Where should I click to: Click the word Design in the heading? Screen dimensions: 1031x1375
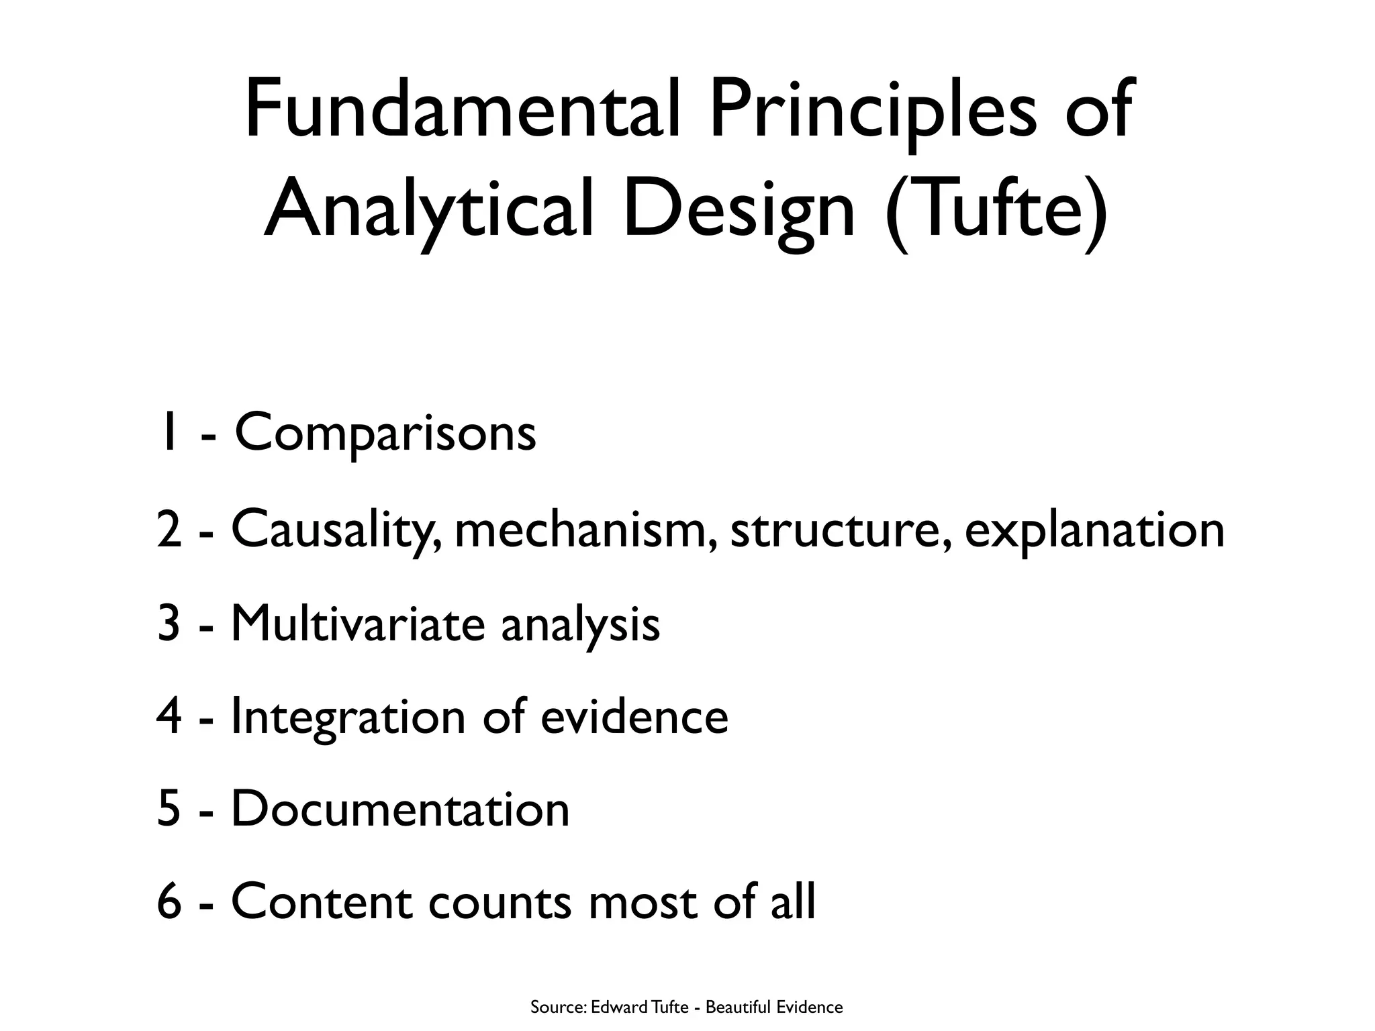(739, 211)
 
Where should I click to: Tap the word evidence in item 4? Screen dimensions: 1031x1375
(634, 717)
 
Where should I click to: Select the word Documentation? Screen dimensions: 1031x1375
(400, 809)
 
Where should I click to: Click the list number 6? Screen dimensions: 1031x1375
(169, 903)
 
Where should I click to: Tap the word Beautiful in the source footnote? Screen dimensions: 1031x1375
(737, 1008)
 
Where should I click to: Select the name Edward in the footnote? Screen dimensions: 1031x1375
(616, 1008)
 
